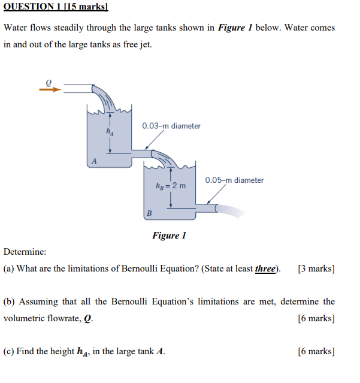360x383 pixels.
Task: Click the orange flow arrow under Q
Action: point(50,90)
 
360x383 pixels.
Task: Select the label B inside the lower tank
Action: point(150,213)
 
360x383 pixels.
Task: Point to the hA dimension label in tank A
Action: point(109,131)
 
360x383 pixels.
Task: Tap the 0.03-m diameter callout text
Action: point(171,126)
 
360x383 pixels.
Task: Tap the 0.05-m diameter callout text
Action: point(234,180)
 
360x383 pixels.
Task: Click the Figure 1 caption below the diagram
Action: point(169,235)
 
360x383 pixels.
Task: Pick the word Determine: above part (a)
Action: point(25,252)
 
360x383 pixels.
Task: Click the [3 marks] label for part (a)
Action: point(316,269)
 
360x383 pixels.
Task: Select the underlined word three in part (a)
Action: point(264,269)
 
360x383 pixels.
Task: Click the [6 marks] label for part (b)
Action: point(316,318)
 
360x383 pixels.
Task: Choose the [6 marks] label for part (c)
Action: point(316,351)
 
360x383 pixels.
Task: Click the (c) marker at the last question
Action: point(9,351)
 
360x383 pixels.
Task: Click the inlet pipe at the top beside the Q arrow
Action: point(78,89)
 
